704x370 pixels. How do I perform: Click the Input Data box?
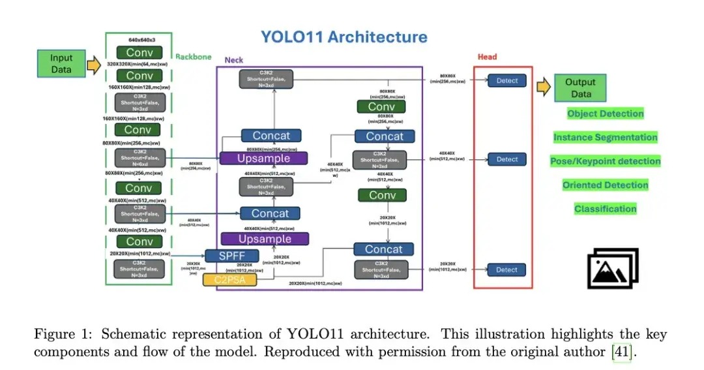61,63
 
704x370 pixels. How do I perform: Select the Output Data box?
580,87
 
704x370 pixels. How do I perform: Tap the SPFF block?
230,256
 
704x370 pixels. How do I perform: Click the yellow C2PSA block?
229,280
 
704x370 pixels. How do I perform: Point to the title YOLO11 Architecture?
344,37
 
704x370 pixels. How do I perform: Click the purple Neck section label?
233,60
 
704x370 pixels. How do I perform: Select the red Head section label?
486,57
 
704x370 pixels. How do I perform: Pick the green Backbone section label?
194,57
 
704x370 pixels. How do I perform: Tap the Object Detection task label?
605,114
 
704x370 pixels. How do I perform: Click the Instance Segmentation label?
605,138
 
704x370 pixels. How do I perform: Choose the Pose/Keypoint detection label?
605,161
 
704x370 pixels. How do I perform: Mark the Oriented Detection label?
605,185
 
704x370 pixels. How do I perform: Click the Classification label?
605,209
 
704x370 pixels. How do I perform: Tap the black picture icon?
613,268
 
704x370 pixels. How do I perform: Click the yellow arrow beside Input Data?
94,65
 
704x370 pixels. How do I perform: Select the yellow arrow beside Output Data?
543,87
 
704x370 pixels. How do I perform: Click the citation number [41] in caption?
622,352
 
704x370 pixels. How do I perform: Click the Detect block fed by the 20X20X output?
506,270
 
